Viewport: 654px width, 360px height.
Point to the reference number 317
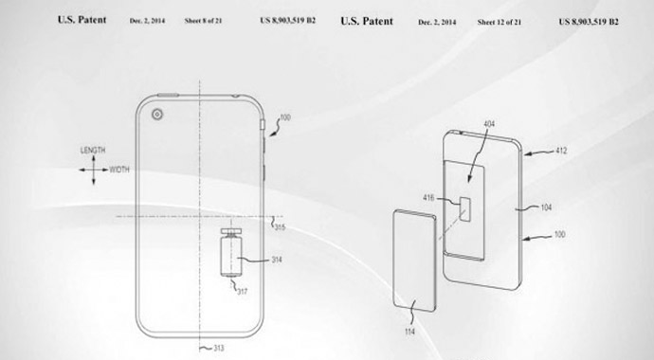tap(244, 291)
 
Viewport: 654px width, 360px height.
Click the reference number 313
tap(217, 349)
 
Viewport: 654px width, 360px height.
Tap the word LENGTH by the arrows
tap(92, 151)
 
